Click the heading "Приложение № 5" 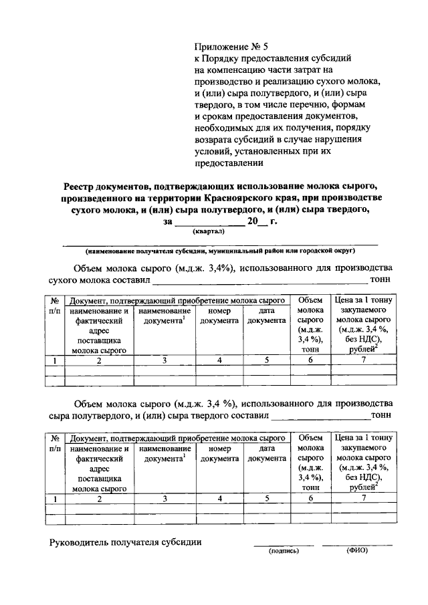coord(230,46)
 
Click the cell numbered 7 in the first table coord(364,360)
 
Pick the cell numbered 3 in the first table coord(165,360)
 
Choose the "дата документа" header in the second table coord(267,453)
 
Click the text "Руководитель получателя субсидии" coord(126,541)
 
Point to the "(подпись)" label coord(284,552)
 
